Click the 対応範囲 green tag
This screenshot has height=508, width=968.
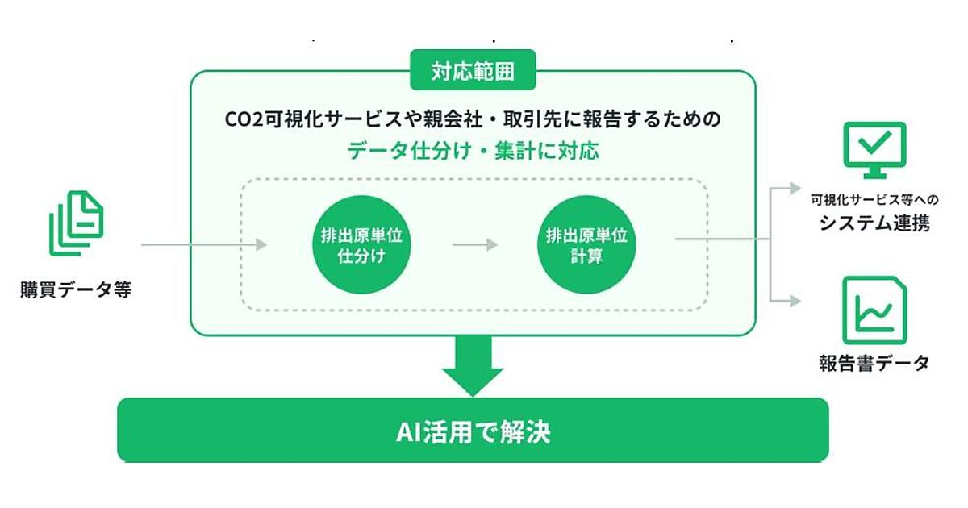(x=473, y=73)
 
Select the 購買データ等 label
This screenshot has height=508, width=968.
(x=76, y=289)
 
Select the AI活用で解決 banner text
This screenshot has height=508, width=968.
(x=473, y=431)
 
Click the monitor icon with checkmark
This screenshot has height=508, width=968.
(x=874, y=150)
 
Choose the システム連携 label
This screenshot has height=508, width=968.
(x=874, y=223)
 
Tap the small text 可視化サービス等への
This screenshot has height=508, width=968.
(x=874, y=199)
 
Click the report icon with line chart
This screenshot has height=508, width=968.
(x=874, y=310)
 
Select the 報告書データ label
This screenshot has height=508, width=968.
(x=874, y=363)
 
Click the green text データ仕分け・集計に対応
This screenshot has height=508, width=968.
(x=473, y=150)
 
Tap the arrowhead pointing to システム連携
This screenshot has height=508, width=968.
(x=796, y=188)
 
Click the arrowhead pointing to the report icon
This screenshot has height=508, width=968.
(x=796, y=301)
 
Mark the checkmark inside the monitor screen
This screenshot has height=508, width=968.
(x=874, y=144)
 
